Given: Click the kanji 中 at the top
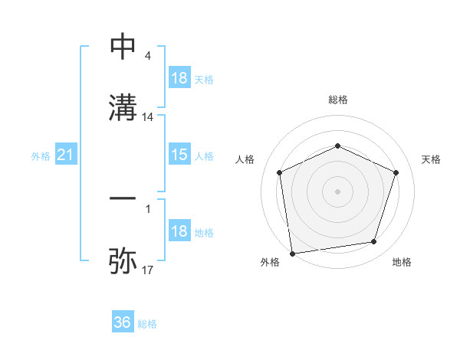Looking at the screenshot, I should [x=123, y=47].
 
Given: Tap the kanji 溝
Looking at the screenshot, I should [x=123, y=107].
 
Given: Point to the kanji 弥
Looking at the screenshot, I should [x=123, y=260].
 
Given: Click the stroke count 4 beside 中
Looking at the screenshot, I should [x=147, y=56].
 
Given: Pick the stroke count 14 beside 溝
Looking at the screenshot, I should [x=148, y=117].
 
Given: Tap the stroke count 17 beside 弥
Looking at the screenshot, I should [x=148, y=270].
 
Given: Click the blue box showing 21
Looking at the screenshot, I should [x=66, y=155].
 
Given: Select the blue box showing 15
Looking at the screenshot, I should [x=179, y=155].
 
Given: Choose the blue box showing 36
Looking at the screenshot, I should [x=123, y=322].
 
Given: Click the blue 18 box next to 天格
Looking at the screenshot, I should [x=179, y=78].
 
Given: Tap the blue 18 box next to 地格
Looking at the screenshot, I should [x=179, y=231].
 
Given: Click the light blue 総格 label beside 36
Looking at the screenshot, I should [x=147, y=324].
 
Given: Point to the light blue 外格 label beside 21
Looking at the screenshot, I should [x=41, y=156].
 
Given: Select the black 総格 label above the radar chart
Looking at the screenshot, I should [x=338, y=100].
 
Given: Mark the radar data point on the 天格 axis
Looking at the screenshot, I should [x=396, y=172].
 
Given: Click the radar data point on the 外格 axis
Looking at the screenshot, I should [x=292, y=253].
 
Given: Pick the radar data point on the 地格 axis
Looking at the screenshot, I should [x=374, y=242].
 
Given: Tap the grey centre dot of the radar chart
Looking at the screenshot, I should [x=337, y=191].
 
